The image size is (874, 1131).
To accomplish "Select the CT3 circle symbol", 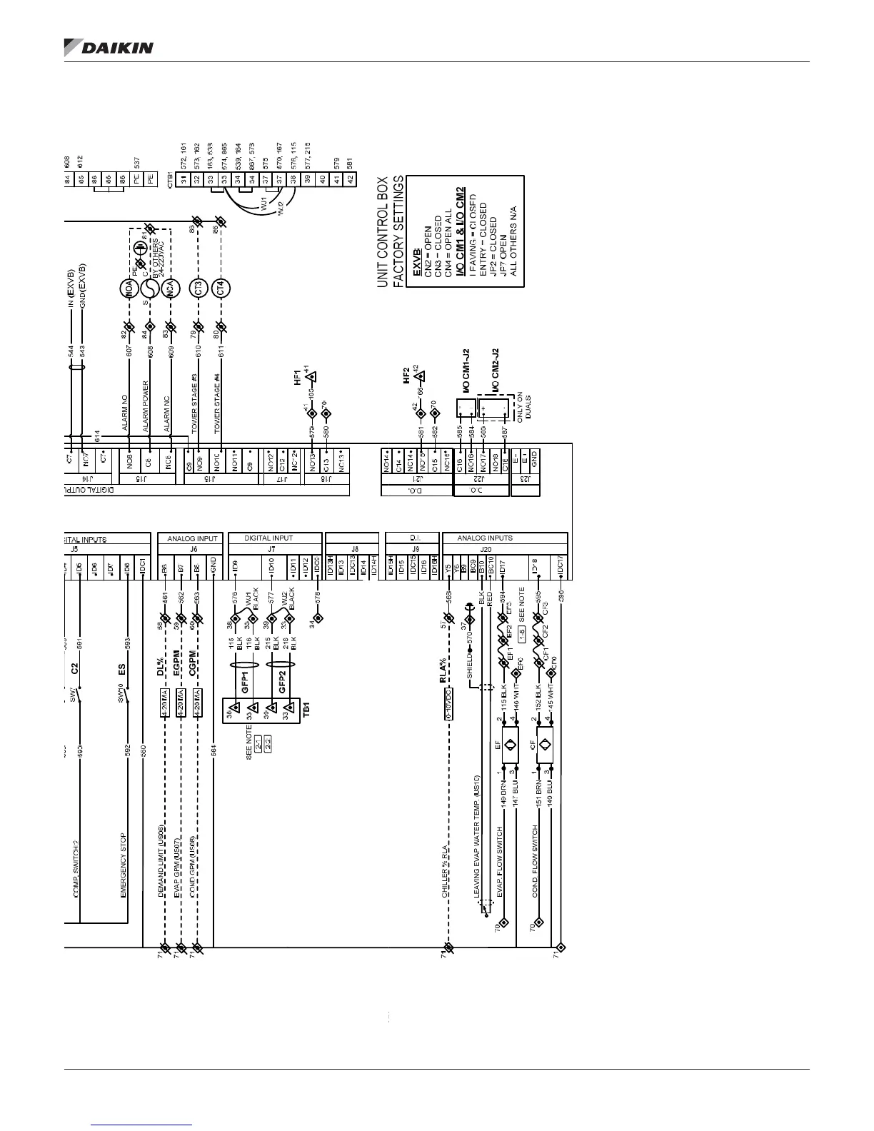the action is (199, 288).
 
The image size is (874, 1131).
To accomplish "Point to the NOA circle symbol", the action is (129, 288).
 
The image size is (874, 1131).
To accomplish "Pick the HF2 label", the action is (406, 375).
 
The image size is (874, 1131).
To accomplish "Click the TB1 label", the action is (307, 710).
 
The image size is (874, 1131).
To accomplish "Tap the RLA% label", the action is (443, 670).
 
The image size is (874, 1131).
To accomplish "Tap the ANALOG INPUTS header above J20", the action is (485, 538).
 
